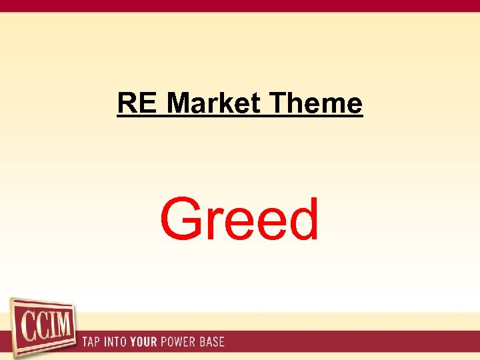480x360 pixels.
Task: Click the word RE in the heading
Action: pyautogui.click(x=137, y=103)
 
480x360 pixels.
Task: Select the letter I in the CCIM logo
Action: pyautogui.click(x=49, y=326)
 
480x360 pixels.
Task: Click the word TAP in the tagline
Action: pyautogui.click(x=91, y=342)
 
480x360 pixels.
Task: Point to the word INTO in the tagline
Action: pyautogui.click(x=117, y=342)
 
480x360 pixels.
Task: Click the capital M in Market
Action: pyautogui.click(x=179, y=103)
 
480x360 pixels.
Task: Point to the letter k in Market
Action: pyautogui.click(x=229, y=103)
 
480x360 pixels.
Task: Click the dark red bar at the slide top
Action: pyautogui.click(x=240, y=6)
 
